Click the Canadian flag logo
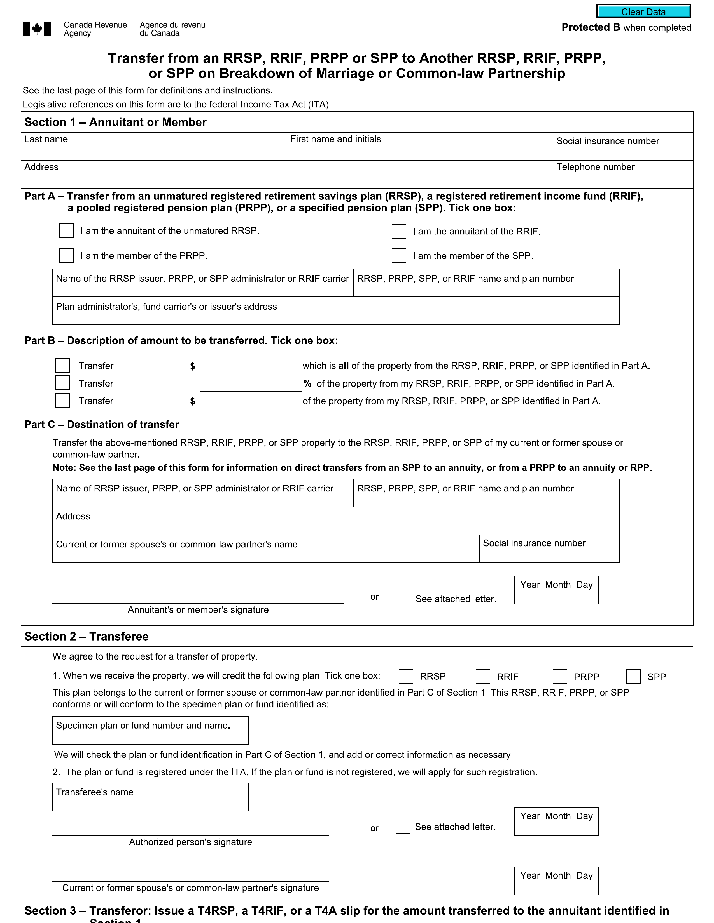tap(37, 29)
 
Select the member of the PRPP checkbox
tap(66, 255)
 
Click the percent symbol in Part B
tap(307, 383)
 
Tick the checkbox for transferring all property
tap(63, 365)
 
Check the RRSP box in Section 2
tap(406, 676)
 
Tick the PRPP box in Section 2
tap(560, 676)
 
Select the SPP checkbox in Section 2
tap(633, 676)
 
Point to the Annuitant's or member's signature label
tap(198, 609)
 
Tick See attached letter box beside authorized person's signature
tap(403, 827)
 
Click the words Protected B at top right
tap(591, 27)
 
